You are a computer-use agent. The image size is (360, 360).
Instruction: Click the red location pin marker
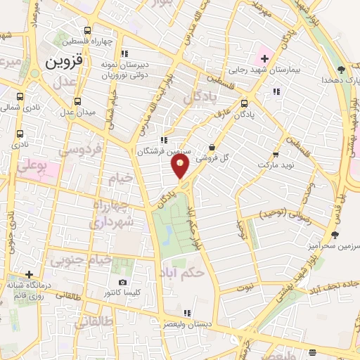click(x=180, y=166)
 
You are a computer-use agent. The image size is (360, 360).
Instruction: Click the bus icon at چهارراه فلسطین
click(x=87, y=30)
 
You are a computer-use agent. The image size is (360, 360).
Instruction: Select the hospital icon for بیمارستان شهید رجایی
click(x=264, y=57)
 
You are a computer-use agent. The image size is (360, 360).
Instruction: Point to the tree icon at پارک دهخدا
click(x=341, y=69)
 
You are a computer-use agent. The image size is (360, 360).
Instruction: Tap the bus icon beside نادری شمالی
click(x=20, y=96)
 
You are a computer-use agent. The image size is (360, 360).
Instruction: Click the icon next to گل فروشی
click(x=212, y=147)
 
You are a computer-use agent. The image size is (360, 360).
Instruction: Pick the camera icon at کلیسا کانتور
click(x=123, y=282)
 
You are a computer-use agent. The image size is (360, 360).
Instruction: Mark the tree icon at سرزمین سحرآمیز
click(x=335, y=234)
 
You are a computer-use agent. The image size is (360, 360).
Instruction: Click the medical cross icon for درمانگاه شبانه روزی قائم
click(x=28, y=274)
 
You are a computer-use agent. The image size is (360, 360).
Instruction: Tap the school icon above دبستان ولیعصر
click(x=186, y=314)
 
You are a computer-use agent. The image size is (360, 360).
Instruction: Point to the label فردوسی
click(x=79, y=151)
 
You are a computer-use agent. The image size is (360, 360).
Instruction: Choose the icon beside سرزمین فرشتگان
click(x=164, y=140)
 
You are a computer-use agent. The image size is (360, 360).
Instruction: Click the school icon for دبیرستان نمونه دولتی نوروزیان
click(x=124, y=53)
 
